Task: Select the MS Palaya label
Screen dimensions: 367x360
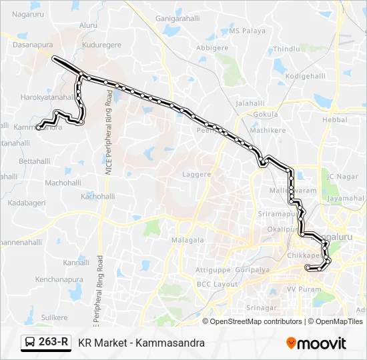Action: [248, 31]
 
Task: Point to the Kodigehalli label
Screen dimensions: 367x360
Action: [304, 77]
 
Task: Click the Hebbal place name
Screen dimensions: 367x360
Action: [335, 119]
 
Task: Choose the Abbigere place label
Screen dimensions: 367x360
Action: [212, 48]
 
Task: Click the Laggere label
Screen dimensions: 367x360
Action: [196, 175]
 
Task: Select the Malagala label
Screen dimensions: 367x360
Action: [188, 239]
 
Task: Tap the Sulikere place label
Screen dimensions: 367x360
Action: [54, 317]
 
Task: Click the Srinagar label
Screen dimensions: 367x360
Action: [261, 307]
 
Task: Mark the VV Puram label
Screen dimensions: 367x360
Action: [300, 290]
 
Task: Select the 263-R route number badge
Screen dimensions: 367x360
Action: [46, 343]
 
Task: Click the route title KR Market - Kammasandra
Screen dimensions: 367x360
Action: [141, 343]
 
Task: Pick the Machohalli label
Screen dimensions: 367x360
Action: [63, 182]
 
